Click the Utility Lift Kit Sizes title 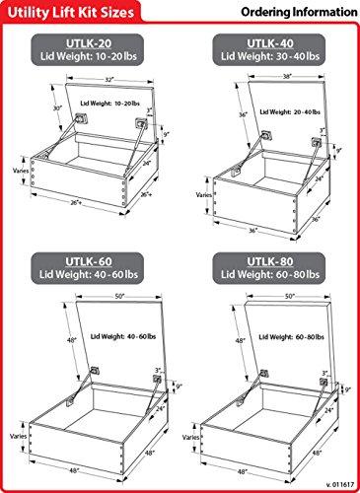click(x=71, y=13)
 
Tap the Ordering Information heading click(x=299, y=12)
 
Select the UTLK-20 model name click(x=89, y=43)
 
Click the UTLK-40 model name click(x=270, y=43)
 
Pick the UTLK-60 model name click(x=89, y=261)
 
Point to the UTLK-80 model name click(x=270, y=261)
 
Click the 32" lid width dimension click(x=109, y=80)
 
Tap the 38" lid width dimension click(x=287, y=76)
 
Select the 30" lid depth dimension click(x=58, y=107)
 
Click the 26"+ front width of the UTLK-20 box click(x=76, y=203)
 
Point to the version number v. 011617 click(x=340, y=484)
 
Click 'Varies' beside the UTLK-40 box click(x=204, y=195)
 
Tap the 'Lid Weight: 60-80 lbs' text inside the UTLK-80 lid click(x=291, y=337)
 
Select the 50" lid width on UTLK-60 click(x=120, y=296)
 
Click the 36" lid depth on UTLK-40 click(x=243, y=115)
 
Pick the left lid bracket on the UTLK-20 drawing click(x=82, y=117)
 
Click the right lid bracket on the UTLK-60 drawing click(x=157, y=379)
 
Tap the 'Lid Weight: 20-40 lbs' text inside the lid click(x=290, y=112)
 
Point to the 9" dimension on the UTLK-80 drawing click(x=347, y=390)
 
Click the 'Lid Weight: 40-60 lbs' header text click(x=89, y=274)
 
